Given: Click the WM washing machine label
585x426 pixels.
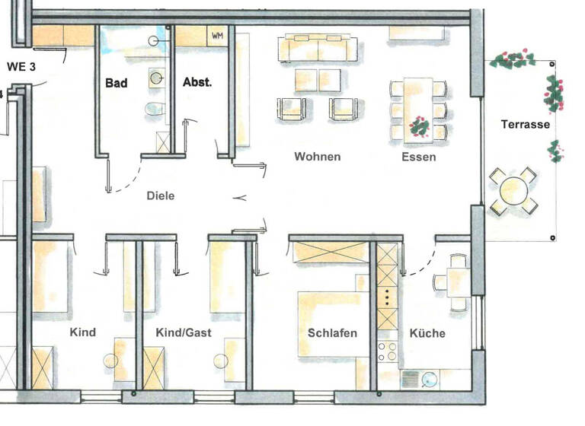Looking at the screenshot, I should coord(217,35).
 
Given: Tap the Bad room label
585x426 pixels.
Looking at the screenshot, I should coord(117,83).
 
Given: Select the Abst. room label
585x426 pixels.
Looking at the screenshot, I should coord(197,83).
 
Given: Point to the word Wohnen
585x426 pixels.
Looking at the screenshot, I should coord(317,157).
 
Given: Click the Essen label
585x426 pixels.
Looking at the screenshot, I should coord(419,157).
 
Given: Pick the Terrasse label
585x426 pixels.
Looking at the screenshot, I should coord(526,124).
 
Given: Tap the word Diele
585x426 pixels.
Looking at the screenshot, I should coord(161,196).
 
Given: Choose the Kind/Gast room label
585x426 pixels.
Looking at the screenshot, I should coord(184,332).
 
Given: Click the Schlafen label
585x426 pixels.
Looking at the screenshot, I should coord(332,332).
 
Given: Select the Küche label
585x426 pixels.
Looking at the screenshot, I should coord(427,332).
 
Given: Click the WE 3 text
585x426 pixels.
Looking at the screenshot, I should coord(22,65).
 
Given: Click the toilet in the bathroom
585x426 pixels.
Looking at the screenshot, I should coord(155,108).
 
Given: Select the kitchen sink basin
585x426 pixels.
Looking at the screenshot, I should coord(428,378).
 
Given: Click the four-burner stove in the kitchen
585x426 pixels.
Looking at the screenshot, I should coord(387,352).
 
